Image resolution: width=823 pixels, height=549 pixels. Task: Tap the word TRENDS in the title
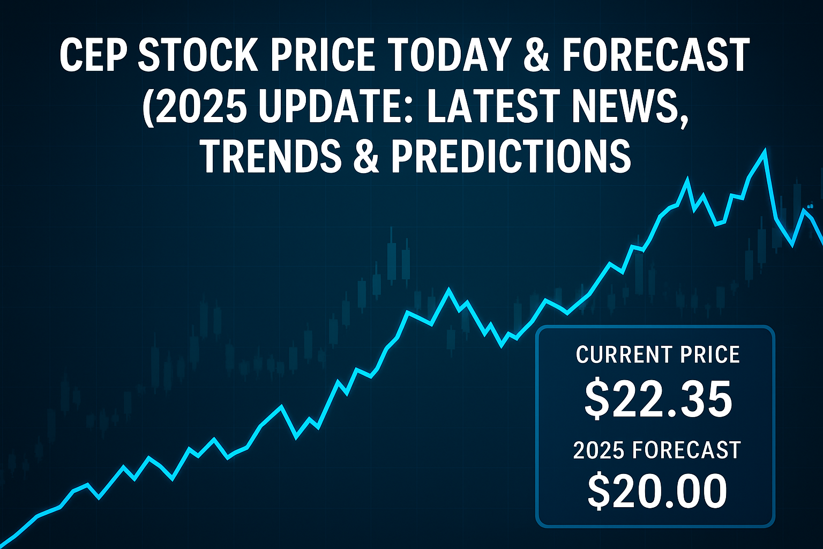coord(271,155)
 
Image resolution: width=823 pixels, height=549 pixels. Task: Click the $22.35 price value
coord(657,399)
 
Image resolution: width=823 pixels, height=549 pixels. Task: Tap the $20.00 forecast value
coord(657,491)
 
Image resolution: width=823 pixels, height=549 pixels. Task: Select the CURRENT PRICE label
coord(657,355)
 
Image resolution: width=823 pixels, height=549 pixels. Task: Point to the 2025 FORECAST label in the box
coord(657,450)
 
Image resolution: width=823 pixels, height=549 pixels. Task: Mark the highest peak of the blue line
coord(765,151)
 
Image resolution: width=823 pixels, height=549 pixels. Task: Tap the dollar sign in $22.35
coord(595,400)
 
